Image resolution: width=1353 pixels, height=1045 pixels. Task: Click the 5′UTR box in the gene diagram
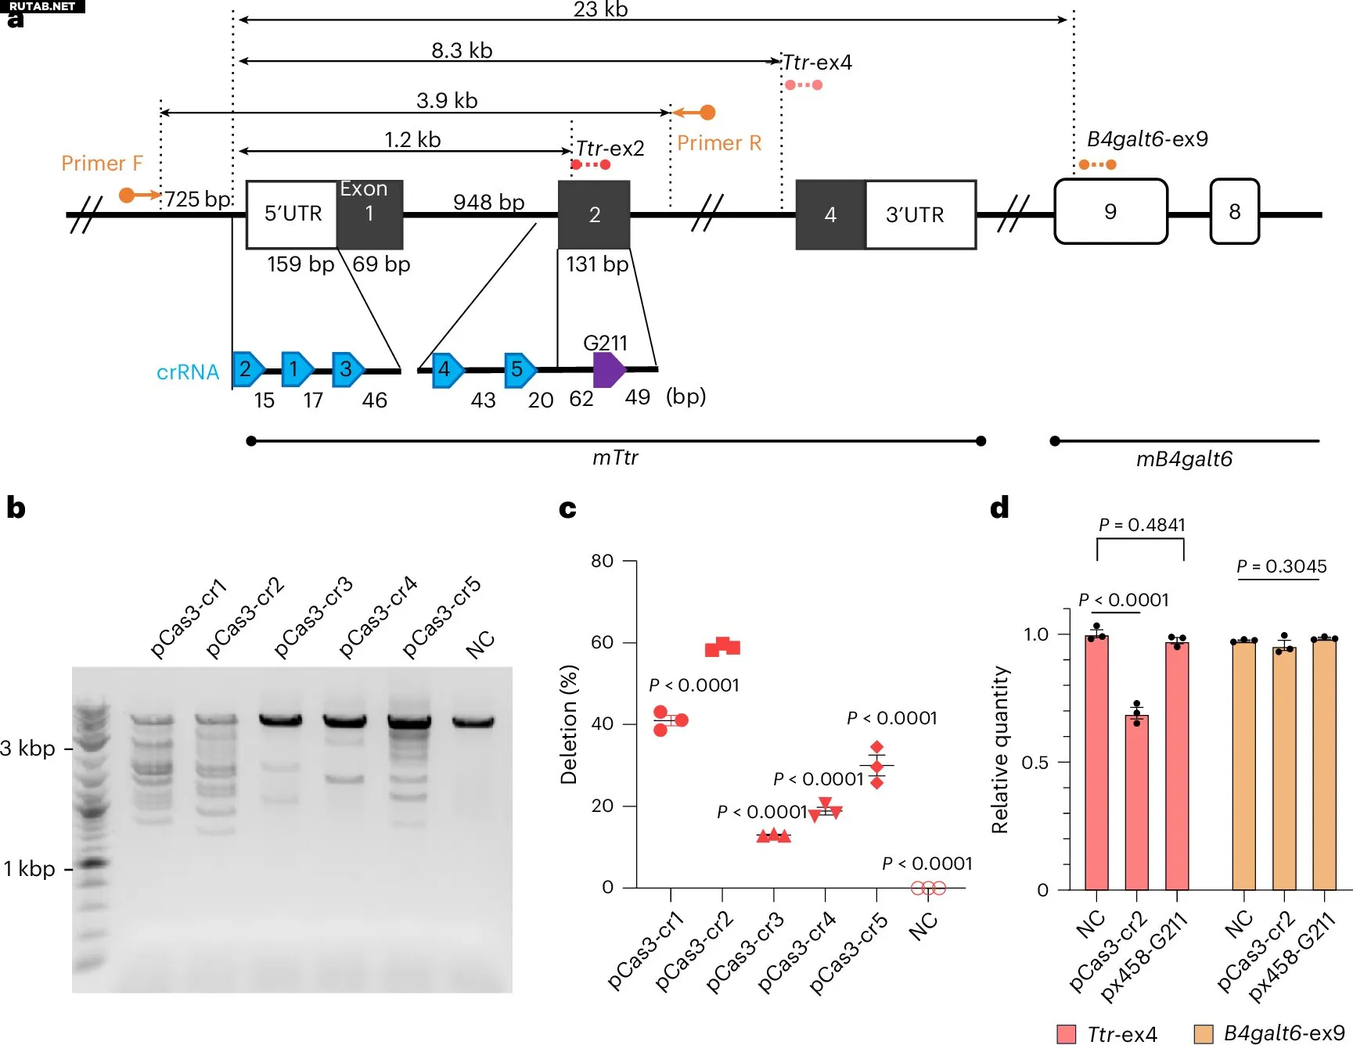point(292,214)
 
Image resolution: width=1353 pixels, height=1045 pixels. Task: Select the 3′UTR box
point(919,215)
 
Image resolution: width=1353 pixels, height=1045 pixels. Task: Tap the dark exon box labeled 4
point(830,215)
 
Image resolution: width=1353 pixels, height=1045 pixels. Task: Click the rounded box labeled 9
point(1110,212)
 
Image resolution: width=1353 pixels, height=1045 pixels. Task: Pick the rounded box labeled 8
point(1234,212)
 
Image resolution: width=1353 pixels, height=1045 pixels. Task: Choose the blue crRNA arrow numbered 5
point(519,370)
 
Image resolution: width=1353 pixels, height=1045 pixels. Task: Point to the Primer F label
point(102,163)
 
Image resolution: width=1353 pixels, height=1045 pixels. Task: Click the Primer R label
point(718,143)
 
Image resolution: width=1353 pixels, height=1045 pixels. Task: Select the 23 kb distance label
point(600,9)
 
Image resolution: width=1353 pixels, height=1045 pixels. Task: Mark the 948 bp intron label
point(488,203)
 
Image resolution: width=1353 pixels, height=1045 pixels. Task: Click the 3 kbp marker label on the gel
point(28,749)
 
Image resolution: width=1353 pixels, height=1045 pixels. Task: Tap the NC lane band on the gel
point(473,721)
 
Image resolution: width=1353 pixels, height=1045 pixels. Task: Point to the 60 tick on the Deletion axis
point(603,642)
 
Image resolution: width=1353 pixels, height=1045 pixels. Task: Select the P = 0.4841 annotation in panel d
point(1141,525)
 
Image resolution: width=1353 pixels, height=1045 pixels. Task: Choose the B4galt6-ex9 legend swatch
point(1203,1033)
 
